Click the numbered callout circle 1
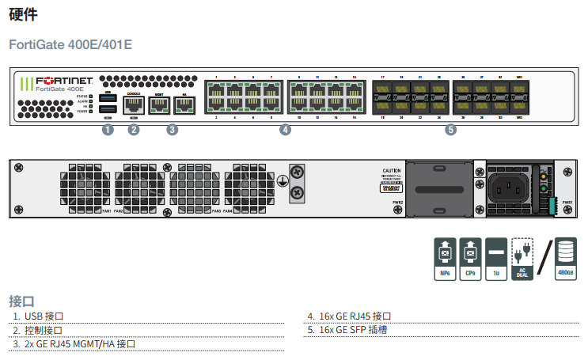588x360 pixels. pos(108,130)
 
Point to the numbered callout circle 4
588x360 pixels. pos(286,130)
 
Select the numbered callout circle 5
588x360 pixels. pos(450,130)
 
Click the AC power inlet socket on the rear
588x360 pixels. pos(507,188)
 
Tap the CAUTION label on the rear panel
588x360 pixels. pos(392,171)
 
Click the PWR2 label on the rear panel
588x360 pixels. pos(398,203)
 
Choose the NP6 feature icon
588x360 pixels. pos(445,258)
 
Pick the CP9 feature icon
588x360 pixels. pos(470,258)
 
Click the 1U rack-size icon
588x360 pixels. pos(495,258)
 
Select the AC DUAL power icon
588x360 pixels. pos(522,258)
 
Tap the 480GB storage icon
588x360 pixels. pos(565,258)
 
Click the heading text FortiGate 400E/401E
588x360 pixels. pos(70,44)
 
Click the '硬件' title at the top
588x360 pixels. pos(23,14)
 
